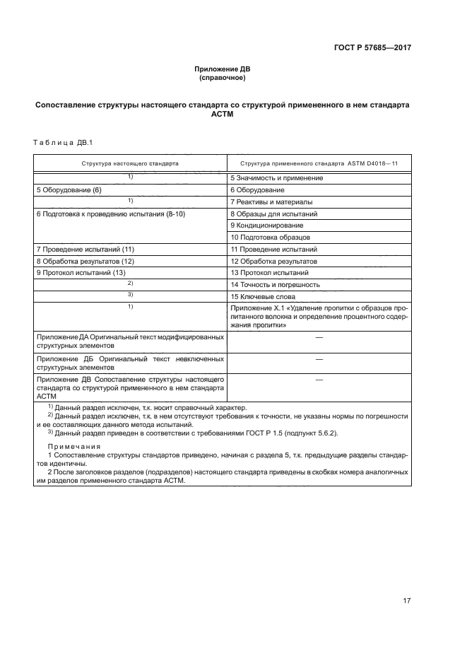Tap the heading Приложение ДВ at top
click(x=222, y=69)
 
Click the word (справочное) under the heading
click(x=222, y=78)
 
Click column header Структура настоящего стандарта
click(x=130, y=163)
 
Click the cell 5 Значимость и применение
click(x=276, y=178)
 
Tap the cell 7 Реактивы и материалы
click(x=273, y=201)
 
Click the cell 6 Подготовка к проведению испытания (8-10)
click(x=110, y=213)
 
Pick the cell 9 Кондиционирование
click(x=267, y=225)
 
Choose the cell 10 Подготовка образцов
click(x=270, y=237)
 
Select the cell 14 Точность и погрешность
click(x=275, y=284)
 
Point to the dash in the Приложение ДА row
click(x=319, y=338)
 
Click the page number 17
click(x=406, y=601)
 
